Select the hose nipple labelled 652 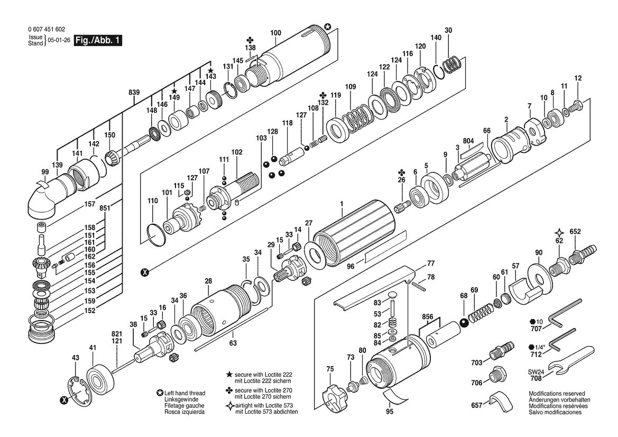(582, 253)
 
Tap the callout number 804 (468, 141)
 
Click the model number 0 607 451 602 (47, 29)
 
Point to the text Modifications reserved (557, 393)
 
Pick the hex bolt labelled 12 (577, 105)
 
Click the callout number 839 (134, 92)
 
